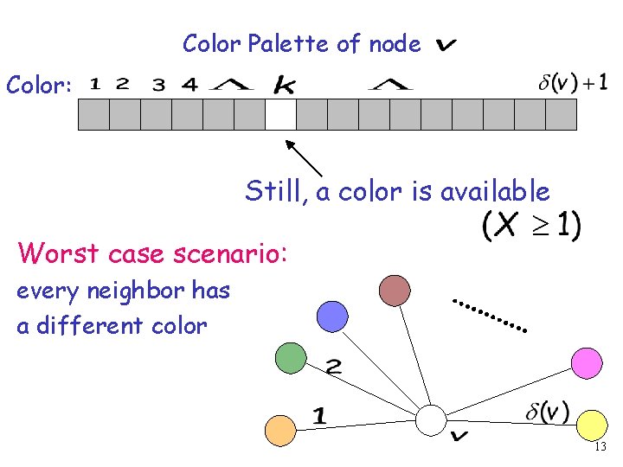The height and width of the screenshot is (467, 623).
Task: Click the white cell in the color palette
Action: point(280,114)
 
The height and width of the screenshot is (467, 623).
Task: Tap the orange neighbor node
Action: point(280,430)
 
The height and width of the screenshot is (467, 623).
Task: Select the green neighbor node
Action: point(291,357)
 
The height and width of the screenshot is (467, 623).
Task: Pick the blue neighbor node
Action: point(332,317)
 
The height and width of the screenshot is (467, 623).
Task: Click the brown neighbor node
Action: point(395,290)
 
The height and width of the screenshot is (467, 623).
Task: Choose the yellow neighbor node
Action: point(591,425)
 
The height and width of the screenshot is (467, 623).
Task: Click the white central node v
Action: point(430,421)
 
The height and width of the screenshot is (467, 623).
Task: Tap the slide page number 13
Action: point(601,447)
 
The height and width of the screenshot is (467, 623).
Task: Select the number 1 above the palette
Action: point(95,84)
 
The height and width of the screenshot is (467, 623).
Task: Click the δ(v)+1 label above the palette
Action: point(572,83)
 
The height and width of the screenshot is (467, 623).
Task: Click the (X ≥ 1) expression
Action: point(531,227)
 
